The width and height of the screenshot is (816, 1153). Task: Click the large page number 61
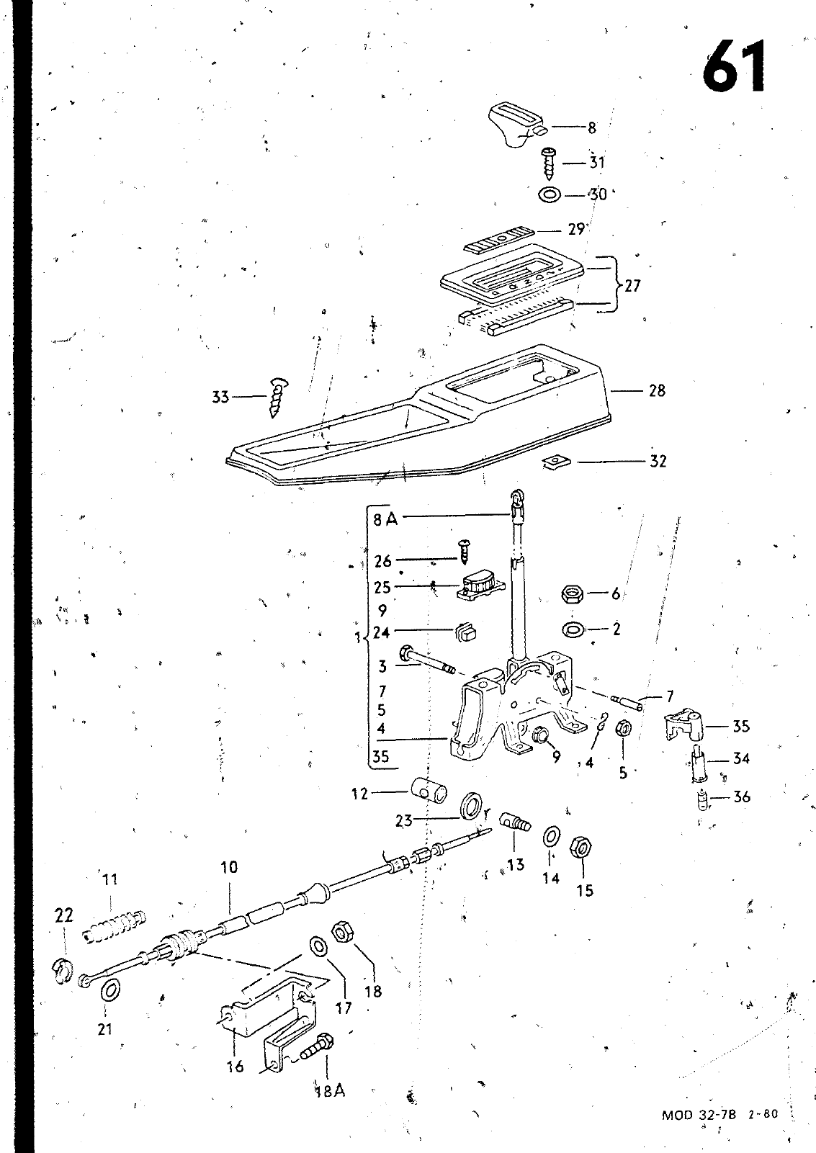tap(735, 66)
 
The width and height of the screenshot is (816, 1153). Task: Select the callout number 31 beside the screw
tap(596, 163)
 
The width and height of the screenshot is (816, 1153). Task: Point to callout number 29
tap(576, 230)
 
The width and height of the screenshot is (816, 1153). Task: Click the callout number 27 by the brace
tap(632, 285)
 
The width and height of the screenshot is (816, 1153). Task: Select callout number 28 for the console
tap(657, 391)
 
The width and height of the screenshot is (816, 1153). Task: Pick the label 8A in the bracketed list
tap(385, 518)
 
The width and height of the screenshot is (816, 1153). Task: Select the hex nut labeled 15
tap(580, 848)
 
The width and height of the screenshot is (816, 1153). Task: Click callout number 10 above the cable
tap(228, 868)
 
